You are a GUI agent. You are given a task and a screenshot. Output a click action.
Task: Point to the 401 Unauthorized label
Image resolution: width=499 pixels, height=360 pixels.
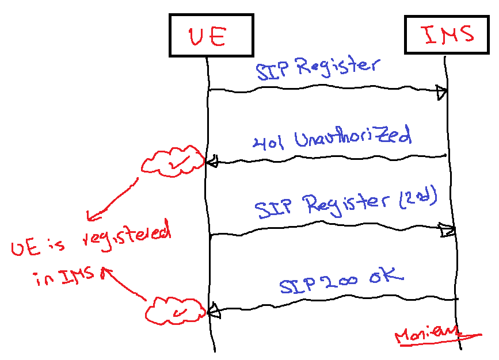point(333,139)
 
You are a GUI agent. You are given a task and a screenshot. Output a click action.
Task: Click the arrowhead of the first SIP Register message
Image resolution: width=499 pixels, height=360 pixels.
point(442,91)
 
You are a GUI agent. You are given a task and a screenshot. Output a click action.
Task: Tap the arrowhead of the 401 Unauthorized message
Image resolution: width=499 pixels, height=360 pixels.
point(212,162)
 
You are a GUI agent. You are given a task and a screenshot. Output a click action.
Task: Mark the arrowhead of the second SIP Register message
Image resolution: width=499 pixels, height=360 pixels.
point(448,231)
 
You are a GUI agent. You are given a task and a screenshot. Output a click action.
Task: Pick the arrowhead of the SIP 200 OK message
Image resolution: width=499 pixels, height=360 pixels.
point(214,311)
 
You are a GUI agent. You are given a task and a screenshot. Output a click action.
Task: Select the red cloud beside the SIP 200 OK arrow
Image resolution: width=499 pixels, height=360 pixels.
point(174,311)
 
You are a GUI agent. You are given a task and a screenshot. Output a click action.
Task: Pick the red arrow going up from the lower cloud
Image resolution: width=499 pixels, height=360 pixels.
point(122,283)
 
